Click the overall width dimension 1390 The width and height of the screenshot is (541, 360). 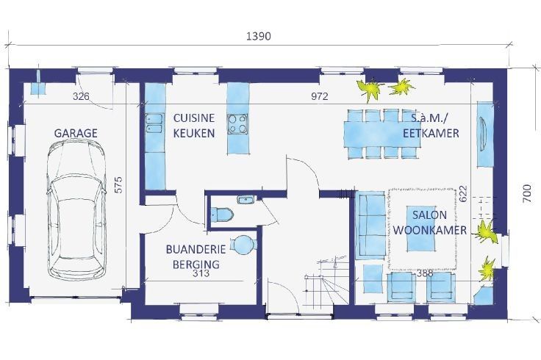coord(259,36)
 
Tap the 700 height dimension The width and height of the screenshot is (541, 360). coord(527,193)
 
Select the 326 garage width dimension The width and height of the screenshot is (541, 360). coord(81,96)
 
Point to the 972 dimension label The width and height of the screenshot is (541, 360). coord(320,96)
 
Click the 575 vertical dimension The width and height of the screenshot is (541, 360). coord(118,185)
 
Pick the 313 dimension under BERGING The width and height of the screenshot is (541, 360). coord(201,273)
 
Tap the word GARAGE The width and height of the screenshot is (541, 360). coord(76,133)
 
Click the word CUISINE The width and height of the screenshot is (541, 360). coord(194,118)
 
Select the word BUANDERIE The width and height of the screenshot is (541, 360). coord(196,249)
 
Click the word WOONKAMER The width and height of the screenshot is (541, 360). coord(430,230)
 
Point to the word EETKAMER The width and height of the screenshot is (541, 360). coord(431,133)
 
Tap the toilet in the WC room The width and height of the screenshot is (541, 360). coord(222,214)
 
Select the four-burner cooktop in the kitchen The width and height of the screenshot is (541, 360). coord(237,123)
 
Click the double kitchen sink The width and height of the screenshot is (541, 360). coord(154,123)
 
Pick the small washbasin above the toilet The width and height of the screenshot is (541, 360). coord(246,199)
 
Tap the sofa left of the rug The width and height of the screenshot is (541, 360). coord(370,225)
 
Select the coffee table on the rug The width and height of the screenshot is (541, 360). coord(420,228)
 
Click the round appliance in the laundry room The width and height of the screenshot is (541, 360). coord(243,245)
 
